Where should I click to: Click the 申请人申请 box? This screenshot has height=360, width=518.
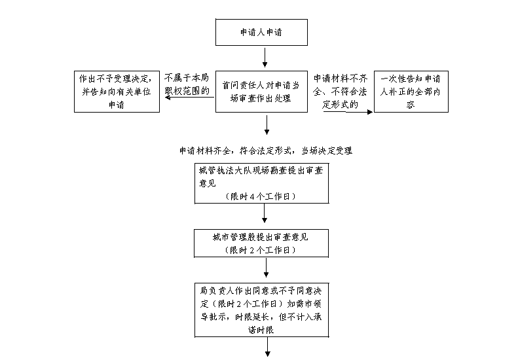tap(261, 31)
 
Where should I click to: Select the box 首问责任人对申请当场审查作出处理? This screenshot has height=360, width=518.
tap(261, 91)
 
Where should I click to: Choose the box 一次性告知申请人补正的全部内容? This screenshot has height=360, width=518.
tap(411, 91)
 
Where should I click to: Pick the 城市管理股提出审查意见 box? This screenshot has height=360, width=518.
tap(261, 243)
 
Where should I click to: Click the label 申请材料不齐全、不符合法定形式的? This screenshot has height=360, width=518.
tap(339, 91)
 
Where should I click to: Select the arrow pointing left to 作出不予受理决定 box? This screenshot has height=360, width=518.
tap(188, 99)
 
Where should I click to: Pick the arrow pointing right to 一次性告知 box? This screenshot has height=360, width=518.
tap(348, 112)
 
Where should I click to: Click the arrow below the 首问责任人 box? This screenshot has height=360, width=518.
tap(267, 125)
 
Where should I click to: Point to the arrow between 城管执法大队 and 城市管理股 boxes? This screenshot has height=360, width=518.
tap(264, 215)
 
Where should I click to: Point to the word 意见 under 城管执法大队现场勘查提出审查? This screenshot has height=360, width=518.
tap(210, 183)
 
